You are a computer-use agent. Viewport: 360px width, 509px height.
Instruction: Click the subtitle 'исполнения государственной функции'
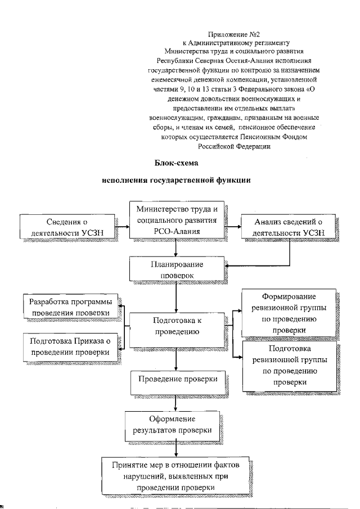(x=176, y=182)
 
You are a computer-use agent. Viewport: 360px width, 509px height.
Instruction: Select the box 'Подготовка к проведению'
(x=177, y=327)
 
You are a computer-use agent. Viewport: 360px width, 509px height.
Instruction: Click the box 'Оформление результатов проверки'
(x=172, y=426)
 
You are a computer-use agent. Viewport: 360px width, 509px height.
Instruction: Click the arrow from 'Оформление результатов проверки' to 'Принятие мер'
(x=177, y=448)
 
